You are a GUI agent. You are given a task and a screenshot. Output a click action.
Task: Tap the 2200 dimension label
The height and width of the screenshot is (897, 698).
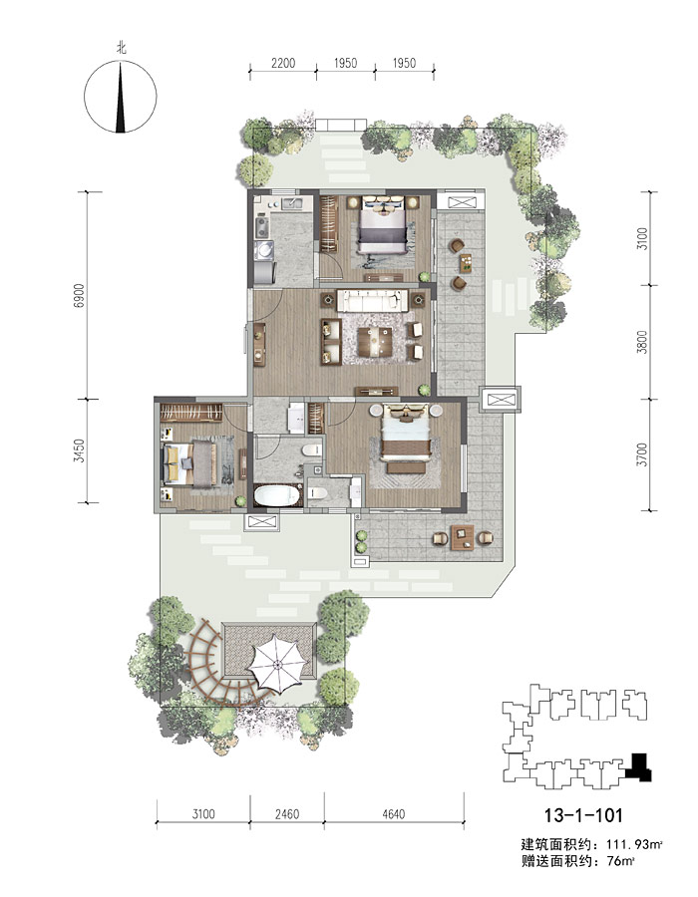283,63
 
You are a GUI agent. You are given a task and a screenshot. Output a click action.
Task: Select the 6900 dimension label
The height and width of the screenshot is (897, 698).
79,295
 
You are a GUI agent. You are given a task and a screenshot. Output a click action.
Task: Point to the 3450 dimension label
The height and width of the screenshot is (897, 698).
79,450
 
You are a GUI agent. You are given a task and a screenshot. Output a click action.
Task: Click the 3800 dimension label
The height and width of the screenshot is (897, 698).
642,342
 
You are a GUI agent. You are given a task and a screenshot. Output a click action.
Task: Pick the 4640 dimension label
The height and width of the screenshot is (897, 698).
394,813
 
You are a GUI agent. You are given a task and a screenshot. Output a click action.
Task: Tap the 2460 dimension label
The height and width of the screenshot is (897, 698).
286,813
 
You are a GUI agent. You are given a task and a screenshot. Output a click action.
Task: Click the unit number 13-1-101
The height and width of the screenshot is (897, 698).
583,814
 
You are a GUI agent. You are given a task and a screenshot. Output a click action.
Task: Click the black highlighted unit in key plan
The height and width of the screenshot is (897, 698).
639,767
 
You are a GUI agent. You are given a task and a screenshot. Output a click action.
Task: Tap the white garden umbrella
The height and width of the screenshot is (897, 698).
278,664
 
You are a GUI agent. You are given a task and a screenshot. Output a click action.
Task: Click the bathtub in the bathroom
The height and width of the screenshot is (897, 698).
277,496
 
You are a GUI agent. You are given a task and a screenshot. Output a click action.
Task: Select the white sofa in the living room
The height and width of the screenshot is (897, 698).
373,301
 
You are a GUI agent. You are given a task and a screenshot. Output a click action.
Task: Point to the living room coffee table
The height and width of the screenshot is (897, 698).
375,342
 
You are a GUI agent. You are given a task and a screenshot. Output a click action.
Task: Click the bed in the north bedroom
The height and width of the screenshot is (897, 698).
382,226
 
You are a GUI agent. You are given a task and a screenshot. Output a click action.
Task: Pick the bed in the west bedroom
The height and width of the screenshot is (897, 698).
190,462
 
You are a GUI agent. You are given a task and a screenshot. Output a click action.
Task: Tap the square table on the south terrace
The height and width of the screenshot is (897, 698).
463,538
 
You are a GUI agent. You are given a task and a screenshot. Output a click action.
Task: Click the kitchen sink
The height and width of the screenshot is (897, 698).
294,203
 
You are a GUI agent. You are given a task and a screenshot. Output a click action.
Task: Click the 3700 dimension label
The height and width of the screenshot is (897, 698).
642,454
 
